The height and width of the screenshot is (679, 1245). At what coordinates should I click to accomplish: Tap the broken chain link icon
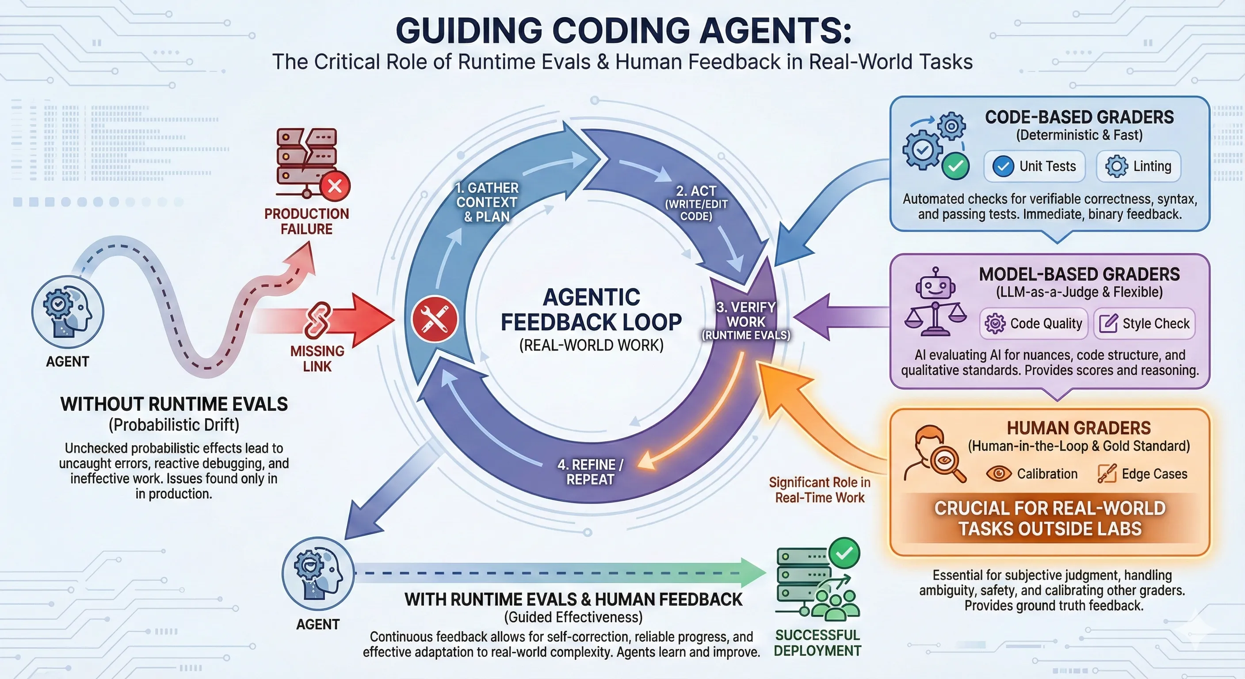click(x=317, y=320)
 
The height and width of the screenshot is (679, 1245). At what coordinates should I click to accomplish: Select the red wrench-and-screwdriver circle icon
click(x=435, y=320)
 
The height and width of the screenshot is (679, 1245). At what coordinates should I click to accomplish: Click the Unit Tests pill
click(x=1034, y=166)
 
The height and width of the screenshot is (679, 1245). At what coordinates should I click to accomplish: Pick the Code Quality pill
click(x=1033, y=323)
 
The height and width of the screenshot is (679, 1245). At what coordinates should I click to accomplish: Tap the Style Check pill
click(x=1144, y=323)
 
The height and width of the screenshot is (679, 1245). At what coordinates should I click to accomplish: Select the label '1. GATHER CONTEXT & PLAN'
click(x=487, y=202)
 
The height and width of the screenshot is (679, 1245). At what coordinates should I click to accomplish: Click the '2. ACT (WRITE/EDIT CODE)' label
click(x=696, y=203)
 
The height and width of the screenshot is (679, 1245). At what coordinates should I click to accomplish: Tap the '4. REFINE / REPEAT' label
click(x=590, y=472)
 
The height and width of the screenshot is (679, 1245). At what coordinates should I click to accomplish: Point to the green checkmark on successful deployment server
click(x=844, y=553)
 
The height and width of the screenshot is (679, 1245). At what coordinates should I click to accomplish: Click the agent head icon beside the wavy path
click(x=68, y=312)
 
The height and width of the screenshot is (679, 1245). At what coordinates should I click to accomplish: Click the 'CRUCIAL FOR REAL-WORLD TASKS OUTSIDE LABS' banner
click(x=1050, y=518)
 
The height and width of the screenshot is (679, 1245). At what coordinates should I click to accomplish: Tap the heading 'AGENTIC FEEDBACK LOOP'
click(x=591, y=309)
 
